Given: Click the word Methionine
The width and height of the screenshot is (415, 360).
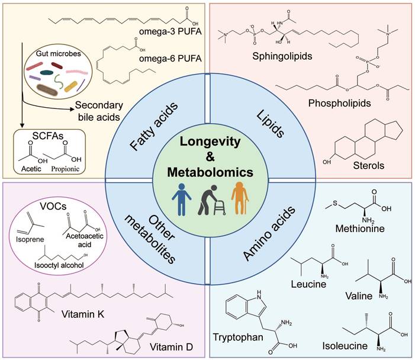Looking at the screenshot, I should tap(372, 228).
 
